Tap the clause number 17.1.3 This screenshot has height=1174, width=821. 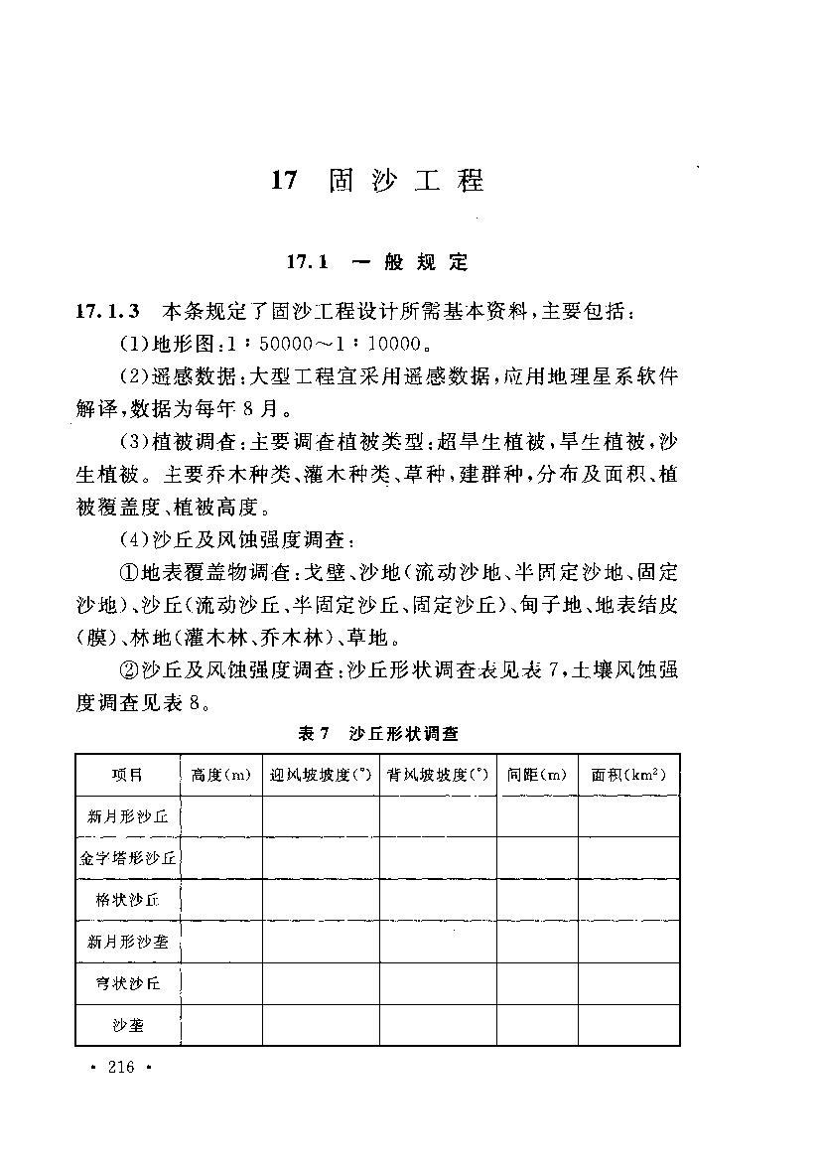click(x=110, y=312)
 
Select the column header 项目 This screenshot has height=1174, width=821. click(x=127, y=775)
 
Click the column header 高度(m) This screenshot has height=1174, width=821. click(x=220, y=775)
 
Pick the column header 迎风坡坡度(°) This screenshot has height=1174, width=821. click(x=320, y=775)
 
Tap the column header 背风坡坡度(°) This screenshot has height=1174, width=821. click(x=437, y=775)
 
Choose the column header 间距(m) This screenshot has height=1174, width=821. click(x=536, y=775)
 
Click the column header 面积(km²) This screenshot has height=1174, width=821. click(x=628, y=775)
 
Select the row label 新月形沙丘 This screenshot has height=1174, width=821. click(x=128, y=816)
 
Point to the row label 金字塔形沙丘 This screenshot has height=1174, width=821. click(x=128, y=858)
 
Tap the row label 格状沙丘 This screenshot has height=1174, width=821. click(x=128, y=900)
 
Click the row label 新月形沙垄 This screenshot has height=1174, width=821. click(x=128, y=942)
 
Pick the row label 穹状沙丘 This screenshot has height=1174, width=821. click(x=128, y=983)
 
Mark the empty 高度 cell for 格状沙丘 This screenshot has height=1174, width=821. click(x=220, y=900)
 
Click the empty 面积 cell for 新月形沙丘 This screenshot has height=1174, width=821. click(x=628, y=816)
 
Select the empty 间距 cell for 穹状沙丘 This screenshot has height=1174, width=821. click(x=536, y=983)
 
